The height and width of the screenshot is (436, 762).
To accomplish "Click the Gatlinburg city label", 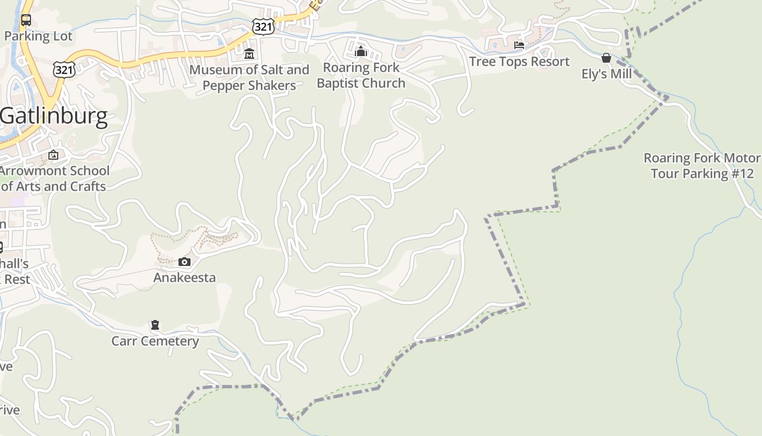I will (x=54, y=117).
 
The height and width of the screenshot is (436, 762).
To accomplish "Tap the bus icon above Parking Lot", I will (x=26, y=21).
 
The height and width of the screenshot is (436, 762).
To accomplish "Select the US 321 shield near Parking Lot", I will (x=64, y=69).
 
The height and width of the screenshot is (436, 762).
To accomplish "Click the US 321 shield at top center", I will (x=263, y=26).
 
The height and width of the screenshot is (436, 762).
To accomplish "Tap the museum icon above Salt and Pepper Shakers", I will (x=249, y=53).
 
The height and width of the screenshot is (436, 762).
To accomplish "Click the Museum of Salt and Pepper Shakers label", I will (x=249, y=77).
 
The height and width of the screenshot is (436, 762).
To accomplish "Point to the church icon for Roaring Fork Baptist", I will (x=360, y=52).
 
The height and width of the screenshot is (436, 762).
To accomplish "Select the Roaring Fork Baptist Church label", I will (x=361, y=75).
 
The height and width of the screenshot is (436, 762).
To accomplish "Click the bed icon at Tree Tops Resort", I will (x=519, y=45).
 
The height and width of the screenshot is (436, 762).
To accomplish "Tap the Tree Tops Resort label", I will (x=519, y=62).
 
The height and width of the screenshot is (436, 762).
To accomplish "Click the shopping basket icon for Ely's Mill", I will (x=606, y=58).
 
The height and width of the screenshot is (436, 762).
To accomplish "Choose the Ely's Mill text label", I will (x=606, y=74).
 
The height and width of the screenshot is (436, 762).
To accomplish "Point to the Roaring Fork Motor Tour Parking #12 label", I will (x=702, y=166).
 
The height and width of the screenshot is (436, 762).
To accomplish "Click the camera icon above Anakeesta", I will (x=185, y=262).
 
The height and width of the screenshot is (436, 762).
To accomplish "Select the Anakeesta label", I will (x=185, y=277).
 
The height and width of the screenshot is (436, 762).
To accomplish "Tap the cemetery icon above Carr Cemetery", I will (x=155, y=325).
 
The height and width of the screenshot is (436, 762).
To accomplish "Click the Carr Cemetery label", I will (x=155, y=341).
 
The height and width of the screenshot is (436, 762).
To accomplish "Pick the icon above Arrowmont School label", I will (x=53, y=155).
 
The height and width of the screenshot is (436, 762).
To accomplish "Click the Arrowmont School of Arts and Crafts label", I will (x=54, y=178).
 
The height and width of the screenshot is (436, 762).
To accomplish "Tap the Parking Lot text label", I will (x=38, y=37).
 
